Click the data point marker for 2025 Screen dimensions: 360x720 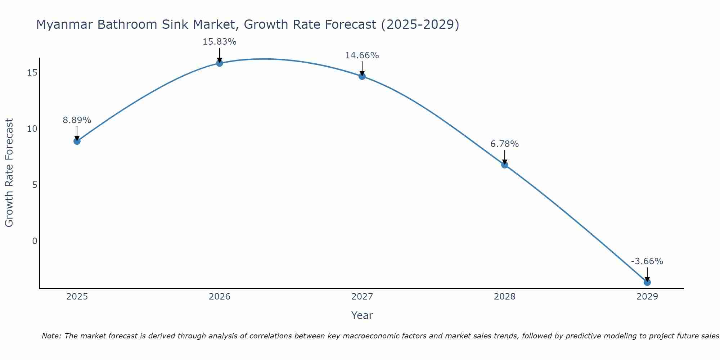coord(77,141)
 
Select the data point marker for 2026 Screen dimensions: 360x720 coord(220,63)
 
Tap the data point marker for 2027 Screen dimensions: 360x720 coord(362,76)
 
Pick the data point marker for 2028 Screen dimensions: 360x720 coord(505,165)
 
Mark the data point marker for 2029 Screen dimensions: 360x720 coord(647,282)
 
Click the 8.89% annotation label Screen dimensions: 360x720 coord(77,120)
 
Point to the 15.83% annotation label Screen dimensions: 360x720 coord(219,42)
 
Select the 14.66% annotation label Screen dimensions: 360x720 coord(362,55)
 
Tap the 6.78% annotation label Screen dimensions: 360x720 coord(504,144)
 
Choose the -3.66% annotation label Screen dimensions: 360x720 coord(647,261)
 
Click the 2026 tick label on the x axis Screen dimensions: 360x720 coord(220,297)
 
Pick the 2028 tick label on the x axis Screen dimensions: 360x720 coord(505,297)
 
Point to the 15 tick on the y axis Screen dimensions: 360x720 coord(32,73)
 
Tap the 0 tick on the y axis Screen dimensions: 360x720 coord(35,241)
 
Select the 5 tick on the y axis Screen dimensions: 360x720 coord(35,185)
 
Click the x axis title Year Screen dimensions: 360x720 coord(362,315)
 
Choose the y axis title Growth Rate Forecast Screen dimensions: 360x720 coord(9,173)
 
